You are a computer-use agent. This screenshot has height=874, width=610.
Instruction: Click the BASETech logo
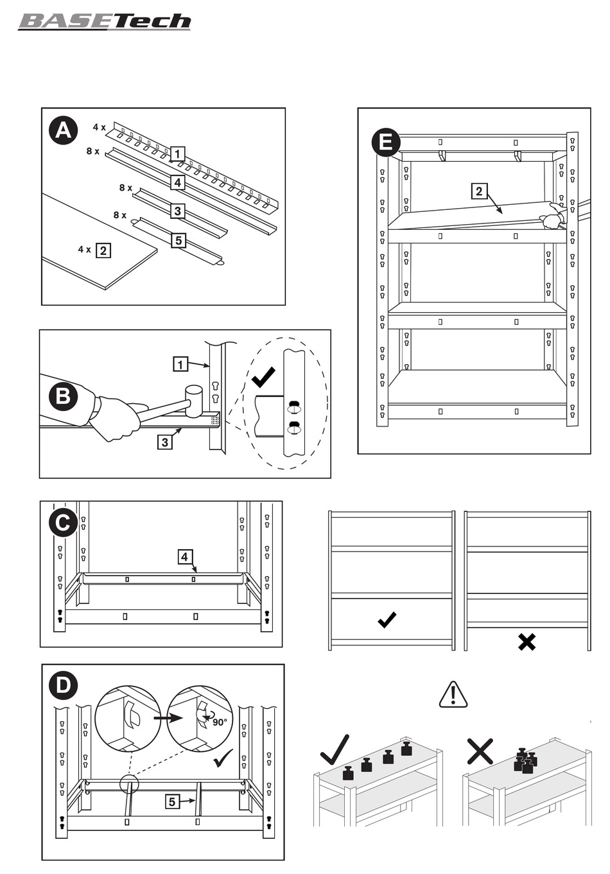105,21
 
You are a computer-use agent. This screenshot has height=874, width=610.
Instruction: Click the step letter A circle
63,130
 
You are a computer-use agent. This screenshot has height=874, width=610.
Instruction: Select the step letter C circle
63,523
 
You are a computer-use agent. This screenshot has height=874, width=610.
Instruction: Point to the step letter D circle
63,685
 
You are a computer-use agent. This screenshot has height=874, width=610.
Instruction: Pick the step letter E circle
386,141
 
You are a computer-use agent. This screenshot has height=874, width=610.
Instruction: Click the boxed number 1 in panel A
178,154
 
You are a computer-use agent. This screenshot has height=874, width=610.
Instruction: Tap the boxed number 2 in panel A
103,250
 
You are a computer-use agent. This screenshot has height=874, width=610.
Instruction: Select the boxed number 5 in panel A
179,241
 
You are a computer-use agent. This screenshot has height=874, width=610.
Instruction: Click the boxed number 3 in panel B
165,442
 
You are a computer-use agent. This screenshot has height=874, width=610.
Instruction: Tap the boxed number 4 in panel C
185,557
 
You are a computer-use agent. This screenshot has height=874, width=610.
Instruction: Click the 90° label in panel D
220,722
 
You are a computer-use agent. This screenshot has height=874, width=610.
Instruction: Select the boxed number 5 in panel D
171,801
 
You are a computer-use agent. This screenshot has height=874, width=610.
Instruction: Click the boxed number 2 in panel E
479,191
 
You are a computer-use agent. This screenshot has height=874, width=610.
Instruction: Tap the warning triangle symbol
453,695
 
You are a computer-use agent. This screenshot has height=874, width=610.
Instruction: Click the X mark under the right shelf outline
527,642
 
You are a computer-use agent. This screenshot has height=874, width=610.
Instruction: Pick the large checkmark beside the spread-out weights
335,749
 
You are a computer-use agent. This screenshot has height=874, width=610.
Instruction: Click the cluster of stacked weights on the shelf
525,760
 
